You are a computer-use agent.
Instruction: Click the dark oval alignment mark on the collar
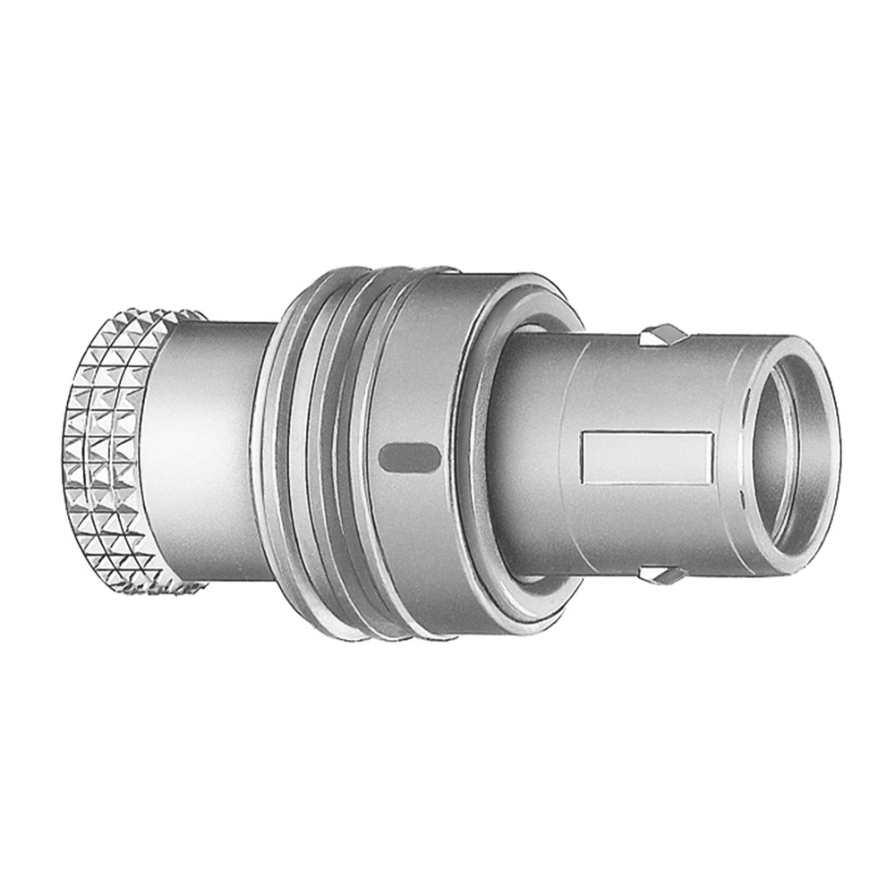pyautogui.click(x=410, y=456)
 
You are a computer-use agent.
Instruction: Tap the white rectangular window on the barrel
pyautogui.click(x=647, y=456)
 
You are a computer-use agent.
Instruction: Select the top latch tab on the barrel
pyautogui.click(x=662, y=334)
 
